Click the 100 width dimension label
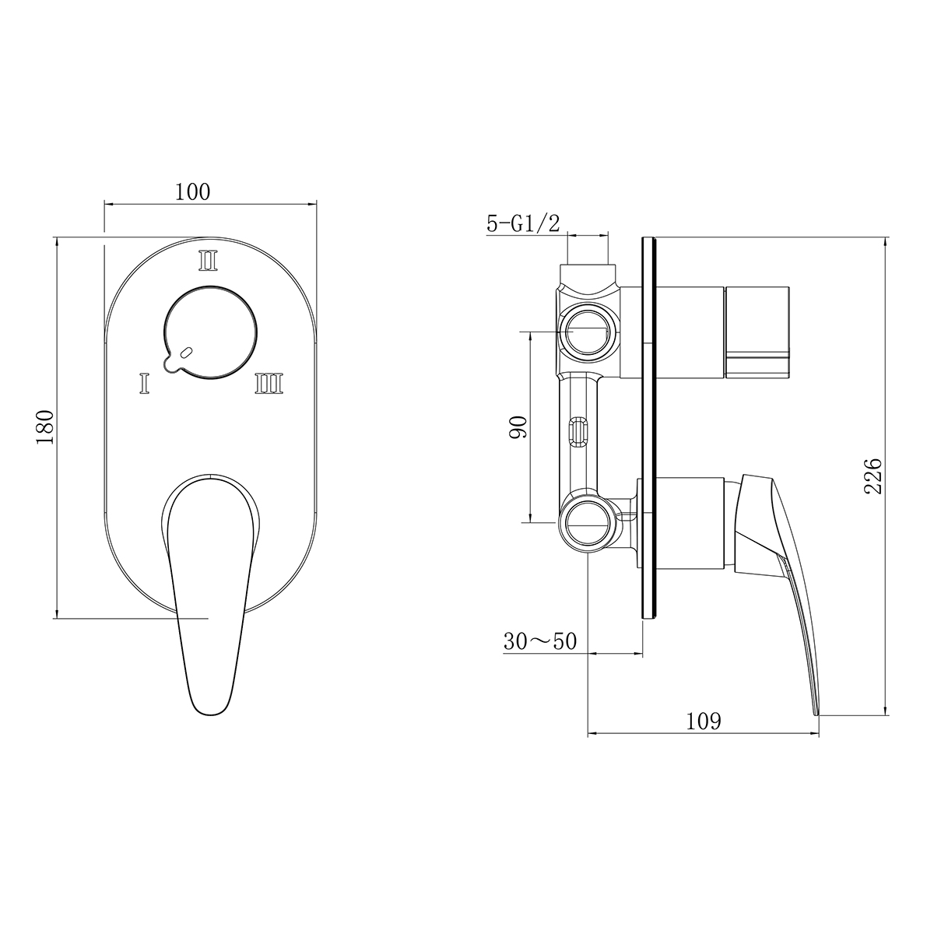coord(192,191)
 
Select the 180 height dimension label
coord(44,426)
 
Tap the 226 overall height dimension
coord(873,476)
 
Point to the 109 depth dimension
coord(704,721)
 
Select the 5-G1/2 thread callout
coord(523,224)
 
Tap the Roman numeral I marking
coord(144,383)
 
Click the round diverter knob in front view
coord(212,333)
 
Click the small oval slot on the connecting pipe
coord(578,433)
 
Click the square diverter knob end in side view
coord(758,330)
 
